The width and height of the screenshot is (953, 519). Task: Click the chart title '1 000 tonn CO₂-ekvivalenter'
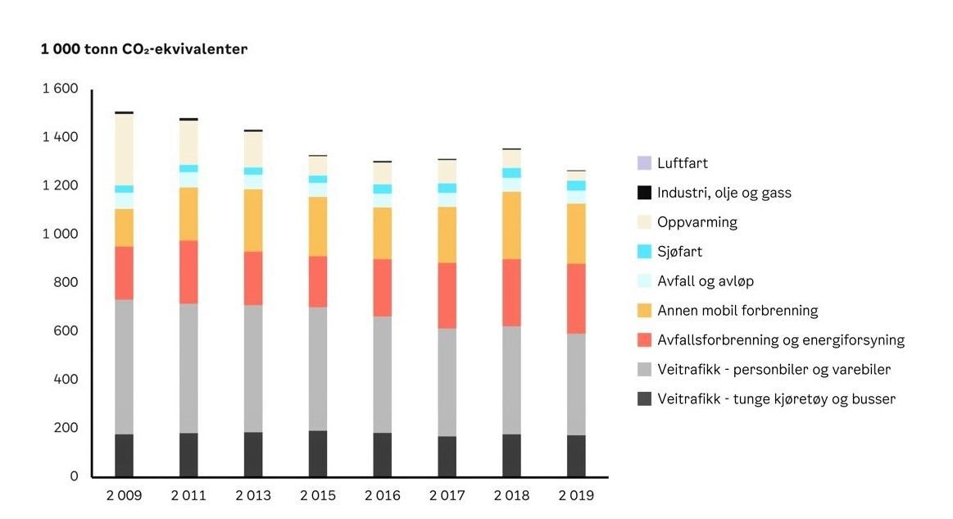(x=144, y=49)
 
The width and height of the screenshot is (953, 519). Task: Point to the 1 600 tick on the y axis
(x=61, y=89)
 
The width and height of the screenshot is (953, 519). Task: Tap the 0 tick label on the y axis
(x=74, y=476)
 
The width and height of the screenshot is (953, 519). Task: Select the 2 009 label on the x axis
(x=124, y=496)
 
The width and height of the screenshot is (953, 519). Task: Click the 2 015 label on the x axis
(x=318, y=496)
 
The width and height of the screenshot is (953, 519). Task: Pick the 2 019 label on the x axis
(x=576, y=496)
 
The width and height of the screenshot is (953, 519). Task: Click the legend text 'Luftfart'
(x=683, y=164)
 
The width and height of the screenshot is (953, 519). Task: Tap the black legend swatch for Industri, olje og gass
(x=644, y=193)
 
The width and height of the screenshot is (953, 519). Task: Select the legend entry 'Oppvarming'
(x=697, y=222)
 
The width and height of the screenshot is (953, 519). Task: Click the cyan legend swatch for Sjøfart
(x=644, y=252)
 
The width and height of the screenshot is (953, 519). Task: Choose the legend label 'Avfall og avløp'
(x=706, y=281)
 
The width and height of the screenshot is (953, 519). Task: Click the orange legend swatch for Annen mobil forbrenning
(x=644, y=311)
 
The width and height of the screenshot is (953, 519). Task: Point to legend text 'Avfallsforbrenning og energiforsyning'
(x=781, y=340)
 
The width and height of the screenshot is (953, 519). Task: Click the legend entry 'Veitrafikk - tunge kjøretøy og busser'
(x=776, y=399)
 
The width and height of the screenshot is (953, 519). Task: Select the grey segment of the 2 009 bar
(x=124, y=366)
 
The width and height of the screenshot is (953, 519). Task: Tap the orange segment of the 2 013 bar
(x=253, y=220)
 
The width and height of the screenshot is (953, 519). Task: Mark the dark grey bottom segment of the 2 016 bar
(x=383, y=454)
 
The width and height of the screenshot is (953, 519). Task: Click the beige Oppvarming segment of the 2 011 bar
(x=188, y=143)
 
